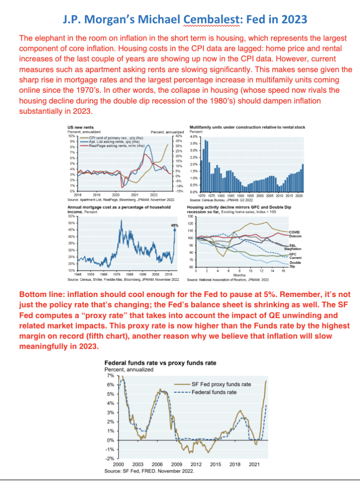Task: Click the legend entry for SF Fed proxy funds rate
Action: (221, 384)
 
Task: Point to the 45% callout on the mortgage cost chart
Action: (175, 225)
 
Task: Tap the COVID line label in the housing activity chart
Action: (294, 232)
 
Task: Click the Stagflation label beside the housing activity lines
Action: (293, 248)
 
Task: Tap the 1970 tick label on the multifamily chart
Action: (202, 196)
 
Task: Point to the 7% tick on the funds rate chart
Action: (110, 375)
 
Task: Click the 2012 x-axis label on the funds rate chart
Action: (195, 464)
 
